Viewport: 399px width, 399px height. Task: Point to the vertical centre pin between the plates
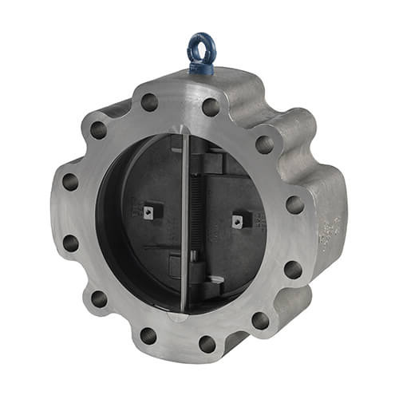coord(184,223)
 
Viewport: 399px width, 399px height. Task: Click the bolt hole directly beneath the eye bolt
coord(210,107)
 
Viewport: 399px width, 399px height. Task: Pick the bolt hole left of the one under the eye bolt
coord(149,102)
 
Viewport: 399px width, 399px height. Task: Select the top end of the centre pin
coord(184,137)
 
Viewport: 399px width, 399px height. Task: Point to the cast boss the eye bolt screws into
coord(199,80)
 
